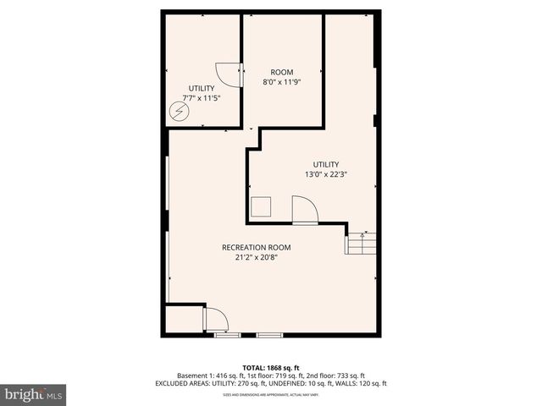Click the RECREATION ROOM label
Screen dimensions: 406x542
pyautogui.click(x=256, y=248)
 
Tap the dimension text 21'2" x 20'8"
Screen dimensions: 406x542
pyautogui.click(x=256, y=258)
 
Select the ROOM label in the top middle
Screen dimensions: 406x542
pyautogui.click(x=281, y=72)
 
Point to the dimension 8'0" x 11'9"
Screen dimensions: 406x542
pyautogui.click(x=281, y=83)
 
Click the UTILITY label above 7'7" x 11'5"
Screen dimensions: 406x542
pyautogui.click(x=201, y=88)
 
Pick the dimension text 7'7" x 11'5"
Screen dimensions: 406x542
pyautogui.click(x=201, y=98)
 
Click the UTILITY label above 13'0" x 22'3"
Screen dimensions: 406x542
pyautogui.click(x=326, y=164)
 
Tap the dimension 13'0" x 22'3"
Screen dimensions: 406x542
pyautogui.click(x=326, y=174)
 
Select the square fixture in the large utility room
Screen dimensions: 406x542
pyautogui.click(x=261, y=206)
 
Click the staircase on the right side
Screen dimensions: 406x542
pyautogui.click(x=359, y=244)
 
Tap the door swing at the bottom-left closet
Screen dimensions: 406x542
pyautogui.click(x=216, y=320)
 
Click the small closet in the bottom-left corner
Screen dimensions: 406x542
pyautogui.click(x=184, y=320)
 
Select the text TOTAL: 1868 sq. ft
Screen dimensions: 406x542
pyautogui.click(x=270, y=367)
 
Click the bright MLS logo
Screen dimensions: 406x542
pyautogui.click(x=33, y=394)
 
